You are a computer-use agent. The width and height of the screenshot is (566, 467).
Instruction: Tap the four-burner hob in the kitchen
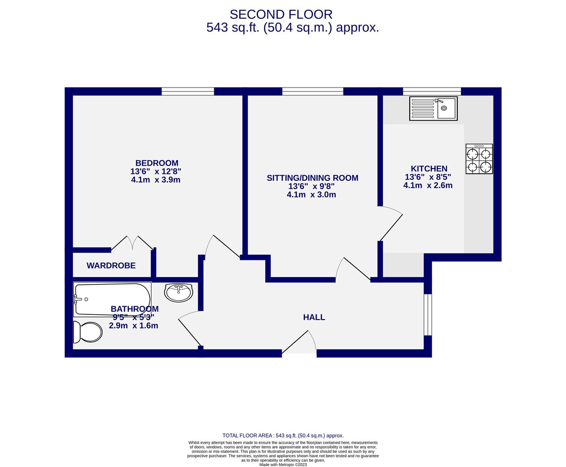(479, 159)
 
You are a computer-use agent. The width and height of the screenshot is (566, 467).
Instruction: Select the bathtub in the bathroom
(113, 299)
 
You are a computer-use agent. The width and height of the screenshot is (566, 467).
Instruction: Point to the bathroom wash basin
(178, 293)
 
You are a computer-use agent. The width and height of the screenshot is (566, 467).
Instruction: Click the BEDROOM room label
(157, 163)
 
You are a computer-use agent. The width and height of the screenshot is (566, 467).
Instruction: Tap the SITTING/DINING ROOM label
(312, 178)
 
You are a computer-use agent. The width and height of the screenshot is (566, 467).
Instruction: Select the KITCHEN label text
(428, 169)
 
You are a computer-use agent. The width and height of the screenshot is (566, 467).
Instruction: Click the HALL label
(314, 317)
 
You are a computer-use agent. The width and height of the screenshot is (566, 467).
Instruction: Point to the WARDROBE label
(111, 265)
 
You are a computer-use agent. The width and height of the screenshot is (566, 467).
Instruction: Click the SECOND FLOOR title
(281, 14)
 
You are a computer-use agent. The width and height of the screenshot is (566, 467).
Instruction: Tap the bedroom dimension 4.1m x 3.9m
(156, 180)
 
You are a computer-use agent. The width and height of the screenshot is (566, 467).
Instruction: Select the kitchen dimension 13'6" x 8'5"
(428, 177)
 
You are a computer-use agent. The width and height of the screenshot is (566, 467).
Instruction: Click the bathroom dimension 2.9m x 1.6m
(133, 326)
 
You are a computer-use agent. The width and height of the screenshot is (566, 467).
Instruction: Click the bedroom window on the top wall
(188, 91)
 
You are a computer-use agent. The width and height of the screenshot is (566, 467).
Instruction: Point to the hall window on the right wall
(428, 314)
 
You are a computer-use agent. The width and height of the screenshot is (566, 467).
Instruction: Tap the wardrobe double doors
(132, 243)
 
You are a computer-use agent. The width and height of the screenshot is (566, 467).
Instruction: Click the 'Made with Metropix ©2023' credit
(283, 465)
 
